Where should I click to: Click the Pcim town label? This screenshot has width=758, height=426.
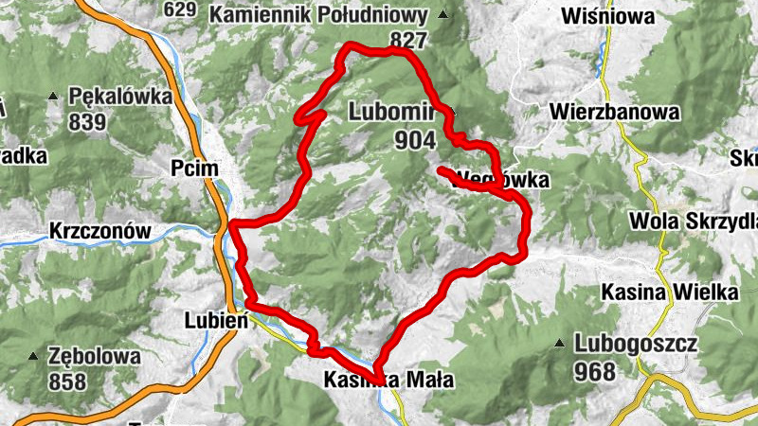(x=195, y=168)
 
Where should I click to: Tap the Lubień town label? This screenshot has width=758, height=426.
(x=216, y=320)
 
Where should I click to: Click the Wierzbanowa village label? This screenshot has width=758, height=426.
(x=615, y=113)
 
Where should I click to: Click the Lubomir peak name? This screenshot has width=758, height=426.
(x=390, y=112)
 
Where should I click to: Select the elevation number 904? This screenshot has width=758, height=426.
(x=416, y=140)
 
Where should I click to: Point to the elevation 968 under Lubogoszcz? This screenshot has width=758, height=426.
(x=594, y=371)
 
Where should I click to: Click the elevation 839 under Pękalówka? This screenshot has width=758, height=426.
(x=86, y=121)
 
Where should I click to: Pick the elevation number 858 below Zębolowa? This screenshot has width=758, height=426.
(x=68, y=382)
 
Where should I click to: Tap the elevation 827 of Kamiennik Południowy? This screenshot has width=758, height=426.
(x=408, y=41)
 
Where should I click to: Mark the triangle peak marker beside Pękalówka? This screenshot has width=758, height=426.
(x=54, y=97)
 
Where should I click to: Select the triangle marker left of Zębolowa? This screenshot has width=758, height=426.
(x=35, y=357)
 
